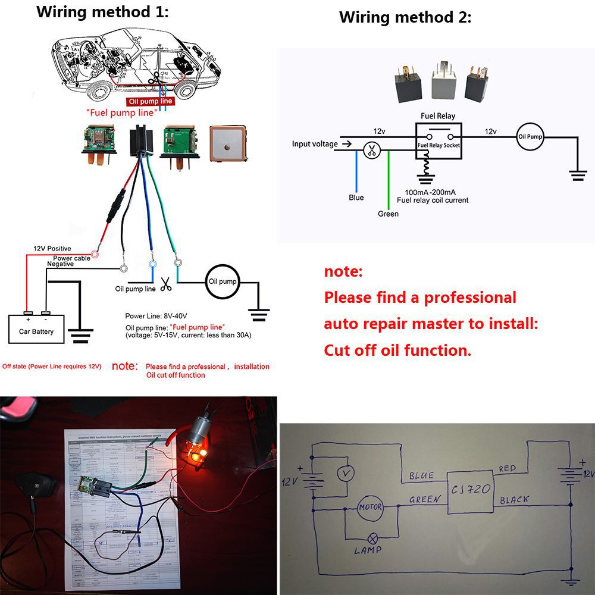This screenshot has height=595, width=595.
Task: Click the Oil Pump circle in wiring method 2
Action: pos(530,137)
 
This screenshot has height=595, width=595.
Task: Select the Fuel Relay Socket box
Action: pos(439,141)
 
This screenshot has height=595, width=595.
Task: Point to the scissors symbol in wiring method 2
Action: pos(372,151)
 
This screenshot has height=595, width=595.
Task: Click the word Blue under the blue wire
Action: pos(356,198)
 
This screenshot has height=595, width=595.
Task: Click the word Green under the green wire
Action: pos(388,214)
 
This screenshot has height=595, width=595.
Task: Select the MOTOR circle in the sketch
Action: pos(369,508)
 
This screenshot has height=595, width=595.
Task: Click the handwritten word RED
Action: pos(509,469)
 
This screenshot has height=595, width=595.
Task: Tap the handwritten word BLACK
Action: pos(515,500)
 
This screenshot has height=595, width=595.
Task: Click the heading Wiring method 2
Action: pos(405,17)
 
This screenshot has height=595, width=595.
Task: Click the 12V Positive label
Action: pos(52,248)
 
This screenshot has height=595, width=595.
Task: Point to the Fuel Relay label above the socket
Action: pos(438,116)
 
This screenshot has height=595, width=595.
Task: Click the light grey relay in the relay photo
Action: pos(442,78)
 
